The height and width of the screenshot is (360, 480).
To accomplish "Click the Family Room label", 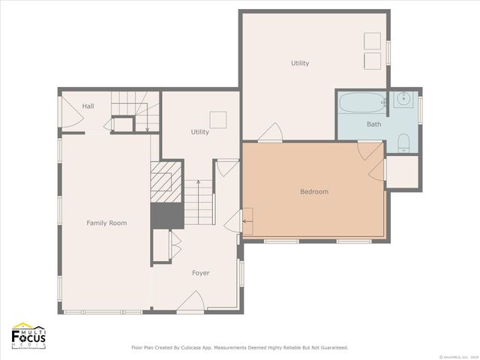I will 106,223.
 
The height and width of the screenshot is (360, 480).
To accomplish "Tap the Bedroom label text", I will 314,192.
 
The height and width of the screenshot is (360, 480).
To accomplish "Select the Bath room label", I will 373,124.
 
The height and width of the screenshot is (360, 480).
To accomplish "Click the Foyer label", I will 200,273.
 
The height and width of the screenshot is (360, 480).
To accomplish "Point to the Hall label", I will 88,106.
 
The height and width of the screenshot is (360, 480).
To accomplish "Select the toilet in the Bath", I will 403,142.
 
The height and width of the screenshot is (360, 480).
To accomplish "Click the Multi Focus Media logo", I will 29,335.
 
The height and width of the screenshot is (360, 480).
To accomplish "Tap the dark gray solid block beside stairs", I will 166,215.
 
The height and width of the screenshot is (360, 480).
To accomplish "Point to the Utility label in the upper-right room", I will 300,63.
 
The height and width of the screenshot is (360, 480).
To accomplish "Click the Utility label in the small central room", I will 199,132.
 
